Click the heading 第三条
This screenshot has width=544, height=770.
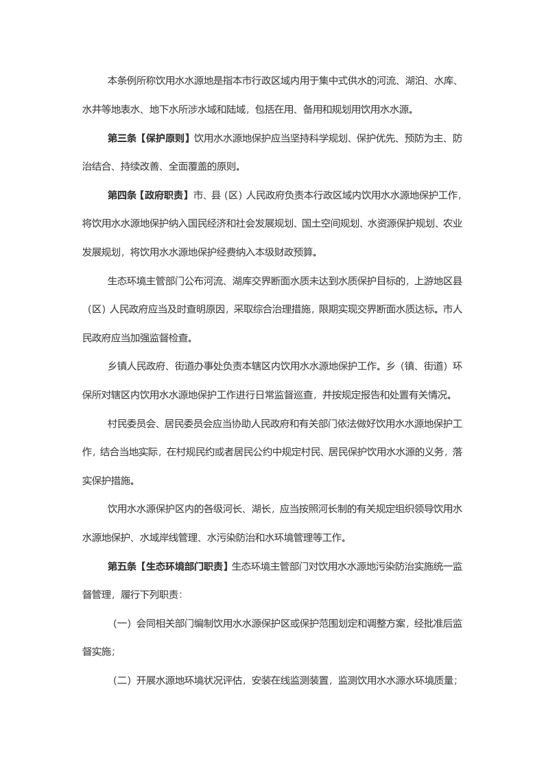(x=122, y=138)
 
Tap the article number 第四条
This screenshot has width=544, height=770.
(x=122, y=195)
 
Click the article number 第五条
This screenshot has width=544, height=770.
(x=122, y=565)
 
